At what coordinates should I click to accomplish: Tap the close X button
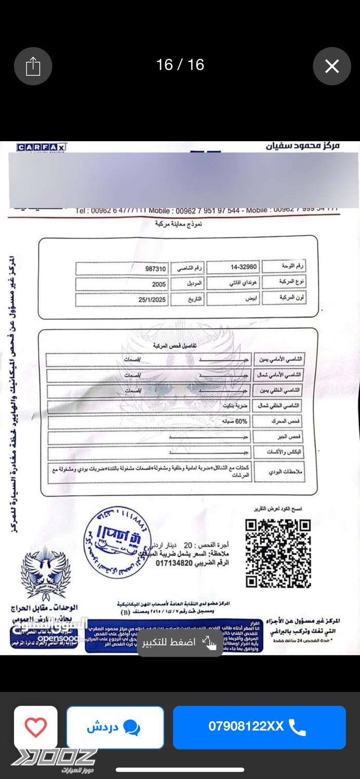[x=332, y=66]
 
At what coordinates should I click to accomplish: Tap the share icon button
[x=33, y=66]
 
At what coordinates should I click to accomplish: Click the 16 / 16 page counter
[x=180, y=65]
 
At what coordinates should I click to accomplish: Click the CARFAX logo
[x=42, y=147]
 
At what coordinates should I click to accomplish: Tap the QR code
[x=278, y=553]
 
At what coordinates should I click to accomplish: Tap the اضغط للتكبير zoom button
[x=180, y=642]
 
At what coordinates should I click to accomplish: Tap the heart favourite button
[x=36, y=727]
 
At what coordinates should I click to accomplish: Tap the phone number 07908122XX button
[x=259, y=727]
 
